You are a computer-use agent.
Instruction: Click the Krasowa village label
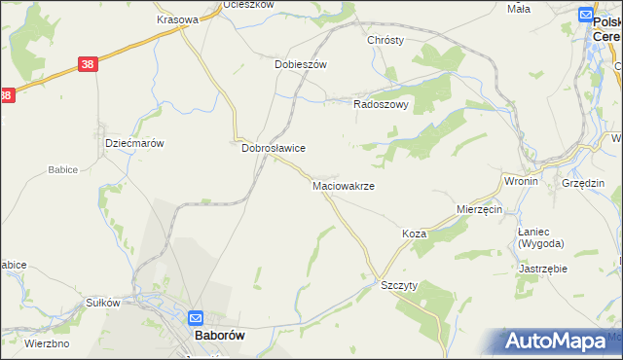(178, 18)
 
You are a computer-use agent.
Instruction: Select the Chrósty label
(385, 40)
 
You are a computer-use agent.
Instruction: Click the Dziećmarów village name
(133, 142)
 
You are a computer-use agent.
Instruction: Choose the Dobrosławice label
(274, 148)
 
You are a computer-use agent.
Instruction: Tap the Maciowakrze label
(343, 185)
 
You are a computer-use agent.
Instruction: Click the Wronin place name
(521, 181)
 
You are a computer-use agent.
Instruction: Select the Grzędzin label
(583, 183)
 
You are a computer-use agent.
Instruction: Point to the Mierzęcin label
(479, 209)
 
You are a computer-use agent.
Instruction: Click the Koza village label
(415, 234)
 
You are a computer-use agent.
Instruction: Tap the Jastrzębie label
(543, 268)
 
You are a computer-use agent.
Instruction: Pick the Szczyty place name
(399, 284)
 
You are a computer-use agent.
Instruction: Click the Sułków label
(102, 303)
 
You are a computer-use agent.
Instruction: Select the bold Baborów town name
(219, 335)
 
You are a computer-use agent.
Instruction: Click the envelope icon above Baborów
(195, 317)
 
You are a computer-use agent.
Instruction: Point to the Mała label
(519, 9)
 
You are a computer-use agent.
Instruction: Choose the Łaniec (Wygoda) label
(540, 237)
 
